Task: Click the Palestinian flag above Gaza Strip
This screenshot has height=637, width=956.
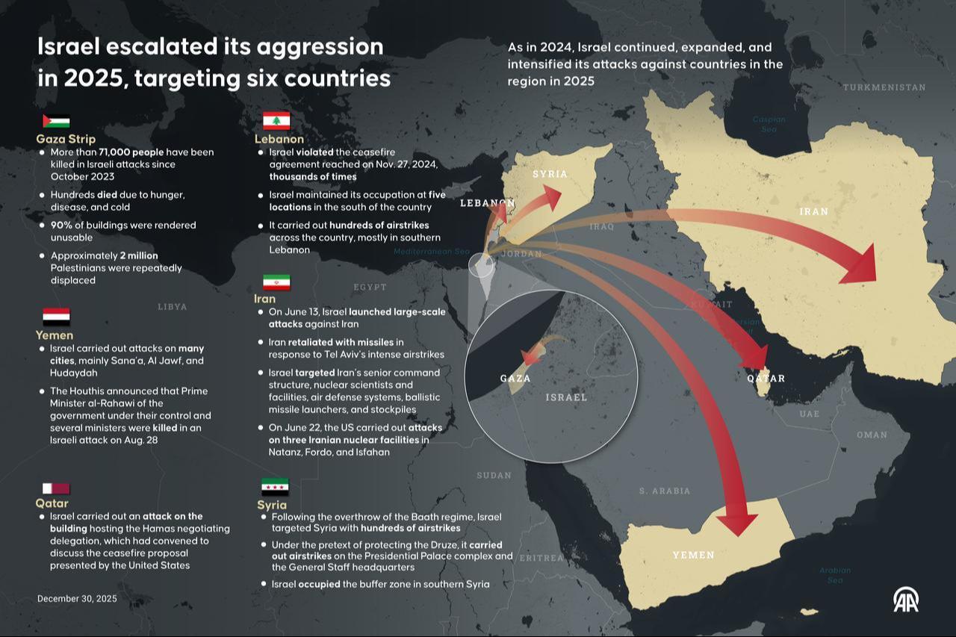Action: tap(56, 122)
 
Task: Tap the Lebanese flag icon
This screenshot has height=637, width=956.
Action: tap(276, 121)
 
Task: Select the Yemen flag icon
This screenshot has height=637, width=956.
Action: tap(56, 317)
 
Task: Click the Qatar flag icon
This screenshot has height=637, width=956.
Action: tap(56, 488)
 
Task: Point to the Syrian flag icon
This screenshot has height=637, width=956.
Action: tap(275, 487)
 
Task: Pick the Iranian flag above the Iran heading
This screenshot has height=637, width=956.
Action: tap(276, 282)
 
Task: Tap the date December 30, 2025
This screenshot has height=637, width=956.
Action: tap(77, 598)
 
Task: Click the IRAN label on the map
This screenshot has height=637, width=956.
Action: tap(813, 211)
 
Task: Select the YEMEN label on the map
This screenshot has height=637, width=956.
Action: tap(693, 555)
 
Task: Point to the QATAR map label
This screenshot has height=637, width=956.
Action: tap(766, 378)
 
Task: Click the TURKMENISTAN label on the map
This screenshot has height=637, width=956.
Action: tap(884, 87)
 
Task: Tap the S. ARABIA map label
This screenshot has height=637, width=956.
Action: tap(665, 491)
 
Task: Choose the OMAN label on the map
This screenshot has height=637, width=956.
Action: tap(872, 435)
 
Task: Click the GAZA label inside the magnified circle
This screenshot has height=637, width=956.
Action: tap(515, 379)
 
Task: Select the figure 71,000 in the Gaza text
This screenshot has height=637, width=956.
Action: tap(114, 152)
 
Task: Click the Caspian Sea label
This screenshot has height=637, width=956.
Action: tap(769, 124)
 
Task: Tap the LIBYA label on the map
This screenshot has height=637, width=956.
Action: tap(173, 306)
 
